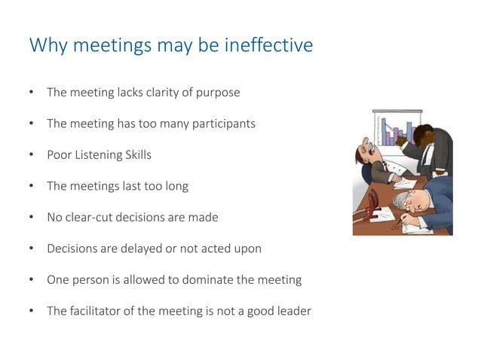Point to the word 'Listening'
(102, 156)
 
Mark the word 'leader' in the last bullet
(293, 310)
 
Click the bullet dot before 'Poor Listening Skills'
(31, 156)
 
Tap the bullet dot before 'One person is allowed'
(31, 279)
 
